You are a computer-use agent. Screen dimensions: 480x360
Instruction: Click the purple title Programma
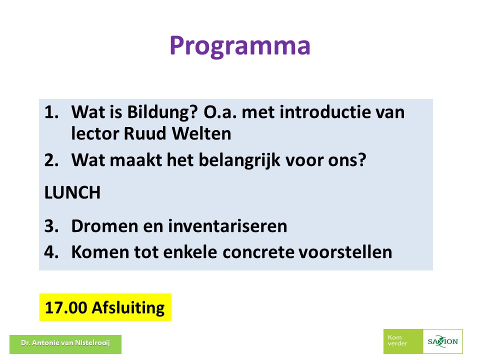click(x=240, y=46)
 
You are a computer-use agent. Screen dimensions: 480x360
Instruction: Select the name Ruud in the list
click(x=145, y=133)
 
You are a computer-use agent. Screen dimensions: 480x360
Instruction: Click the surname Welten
click(x=201, y=133)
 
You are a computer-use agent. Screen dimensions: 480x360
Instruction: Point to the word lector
click(x=95, y=133)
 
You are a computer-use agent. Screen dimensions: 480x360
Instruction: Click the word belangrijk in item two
click(x=239, y=160)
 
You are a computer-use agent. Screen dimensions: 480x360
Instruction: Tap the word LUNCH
click(x=72, y=192)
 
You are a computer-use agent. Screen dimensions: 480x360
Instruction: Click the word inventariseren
click(x=227, y=226)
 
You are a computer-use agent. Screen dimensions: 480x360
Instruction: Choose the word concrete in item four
click(x=258, y=252)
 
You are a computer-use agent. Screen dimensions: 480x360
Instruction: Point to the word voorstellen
click(x=345, y=252)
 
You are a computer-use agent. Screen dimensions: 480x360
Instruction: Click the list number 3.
click(x=51, y=226)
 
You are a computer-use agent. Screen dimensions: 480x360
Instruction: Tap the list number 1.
click(x=51, y=112)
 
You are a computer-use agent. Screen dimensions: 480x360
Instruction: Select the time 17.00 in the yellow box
click(x=66, y=307)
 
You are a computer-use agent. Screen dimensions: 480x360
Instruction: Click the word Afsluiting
click(x=128, y=308)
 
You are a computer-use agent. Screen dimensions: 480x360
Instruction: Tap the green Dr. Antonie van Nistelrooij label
click(x=65, y=344)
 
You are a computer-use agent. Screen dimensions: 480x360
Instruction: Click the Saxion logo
click(x=442, y=341)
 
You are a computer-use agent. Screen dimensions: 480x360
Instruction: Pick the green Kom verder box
click(x=403, y=341)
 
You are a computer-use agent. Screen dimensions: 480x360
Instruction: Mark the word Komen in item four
click(x=100, y=252)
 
